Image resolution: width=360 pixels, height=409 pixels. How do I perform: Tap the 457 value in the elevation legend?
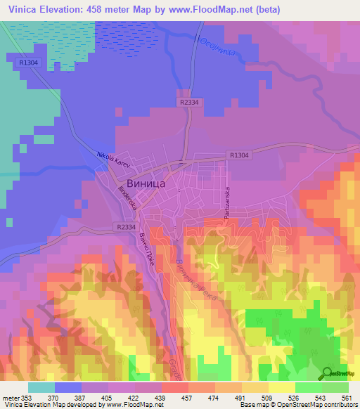pos(187,397)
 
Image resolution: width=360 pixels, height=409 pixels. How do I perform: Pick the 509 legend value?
pos(267,397)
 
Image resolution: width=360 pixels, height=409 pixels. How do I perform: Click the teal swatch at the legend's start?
pos(41,387)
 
